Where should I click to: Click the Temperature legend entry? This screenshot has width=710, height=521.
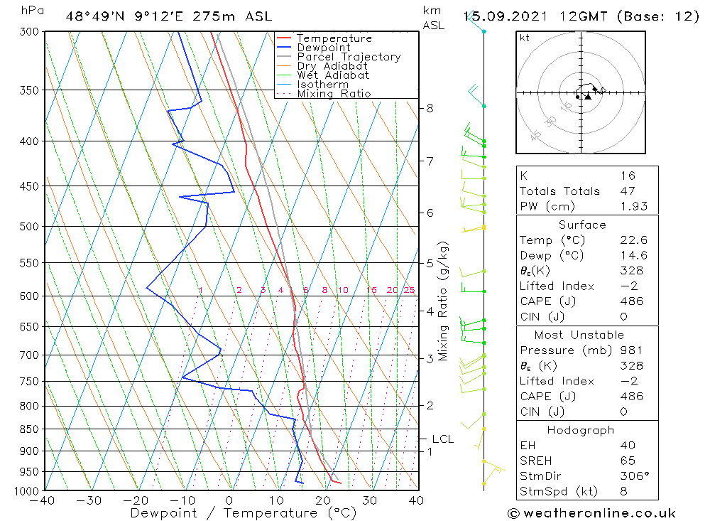[334, 39]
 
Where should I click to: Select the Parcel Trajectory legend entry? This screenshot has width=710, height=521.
[348, 57]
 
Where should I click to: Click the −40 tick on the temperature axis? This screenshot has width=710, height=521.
[43, 500]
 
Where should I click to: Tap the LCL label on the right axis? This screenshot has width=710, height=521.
[442, 439]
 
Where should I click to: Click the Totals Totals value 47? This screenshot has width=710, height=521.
[627, 191]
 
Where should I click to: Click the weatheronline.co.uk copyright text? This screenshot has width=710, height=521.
[591, 513]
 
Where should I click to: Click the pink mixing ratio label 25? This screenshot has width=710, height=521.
[409, 290]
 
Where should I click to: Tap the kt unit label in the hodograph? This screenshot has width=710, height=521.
[525, 38]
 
